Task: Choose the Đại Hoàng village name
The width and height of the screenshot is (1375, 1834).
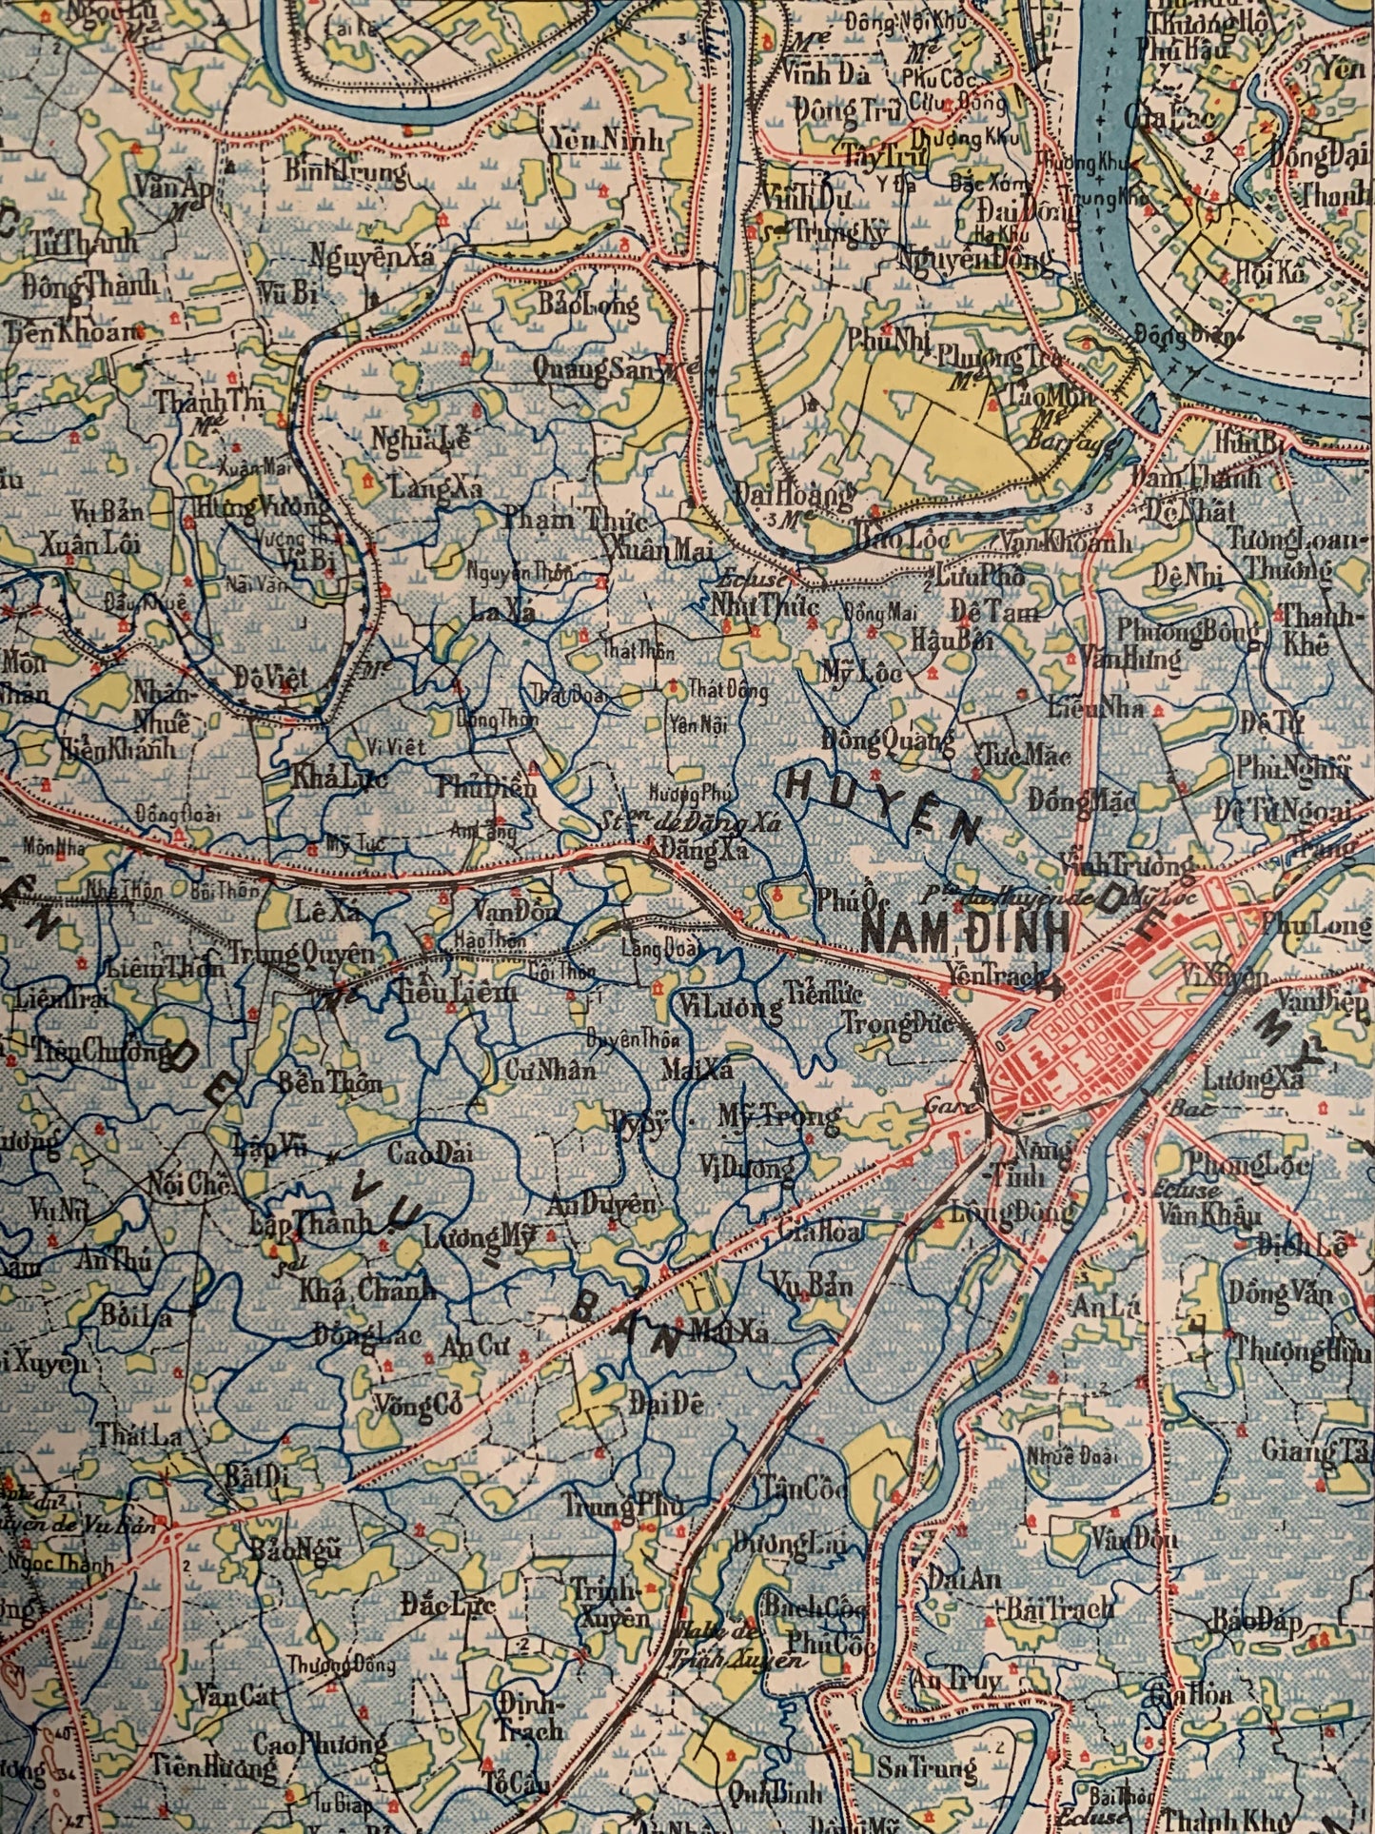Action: (794, 497)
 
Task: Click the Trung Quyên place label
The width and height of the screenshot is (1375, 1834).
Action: (302, 953)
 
